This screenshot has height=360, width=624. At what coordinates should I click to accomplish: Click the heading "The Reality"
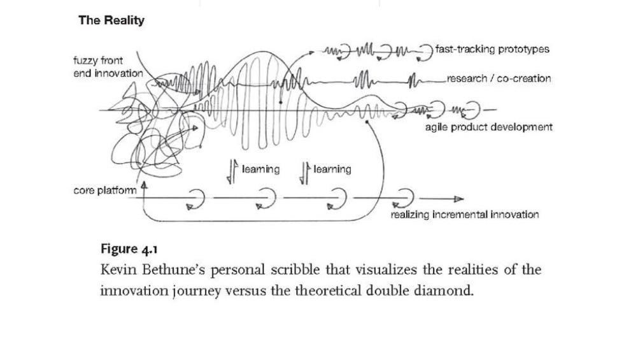coord(111,20)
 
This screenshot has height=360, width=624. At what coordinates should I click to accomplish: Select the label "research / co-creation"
coord(497,78)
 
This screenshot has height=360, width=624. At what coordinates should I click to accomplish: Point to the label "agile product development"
coord(489,127)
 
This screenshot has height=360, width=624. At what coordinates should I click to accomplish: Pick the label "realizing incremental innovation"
coord(464,214)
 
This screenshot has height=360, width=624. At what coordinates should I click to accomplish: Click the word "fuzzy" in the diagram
coord(87,61)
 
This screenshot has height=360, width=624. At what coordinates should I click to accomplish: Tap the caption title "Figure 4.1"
coord(129,248)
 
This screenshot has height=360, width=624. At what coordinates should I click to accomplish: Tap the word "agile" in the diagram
coord(437,127)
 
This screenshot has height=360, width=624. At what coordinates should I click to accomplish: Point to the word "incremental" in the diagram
coord(460,214)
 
